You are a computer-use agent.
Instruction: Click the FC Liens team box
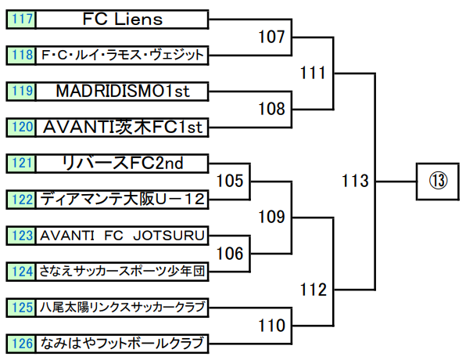122,20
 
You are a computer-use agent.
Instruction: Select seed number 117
23,19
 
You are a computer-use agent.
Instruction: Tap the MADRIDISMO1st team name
123,91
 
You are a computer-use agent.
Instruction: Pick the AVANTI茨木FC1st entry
122,128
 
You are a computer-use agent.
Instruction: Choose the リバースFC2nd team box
122,164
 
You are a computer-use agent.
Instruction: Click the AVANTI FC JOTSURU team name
123,236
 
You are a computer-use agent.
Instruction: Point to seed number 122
23,200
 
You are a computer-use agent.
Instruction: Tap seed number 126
23,344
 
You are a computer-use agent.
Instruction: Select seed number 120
23,128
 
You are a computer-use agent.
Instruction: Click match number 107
271,37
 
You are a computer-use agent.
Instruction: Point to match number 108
271,109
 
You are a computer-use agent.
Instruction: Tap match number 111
314,73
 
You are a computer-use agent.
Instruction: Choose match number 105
230,181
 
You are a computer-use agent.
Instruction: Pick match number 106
230,254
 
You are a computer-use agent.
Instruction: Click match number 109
271,217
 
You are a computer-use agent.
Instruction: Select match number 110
271,326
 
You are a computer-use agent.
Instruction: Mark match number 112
314,290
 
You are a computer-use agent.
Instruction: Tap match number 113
355,181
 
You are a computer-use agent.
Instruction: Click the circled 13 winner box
438,182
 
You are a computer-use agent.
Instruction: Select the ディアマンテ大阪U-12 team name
123,200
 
